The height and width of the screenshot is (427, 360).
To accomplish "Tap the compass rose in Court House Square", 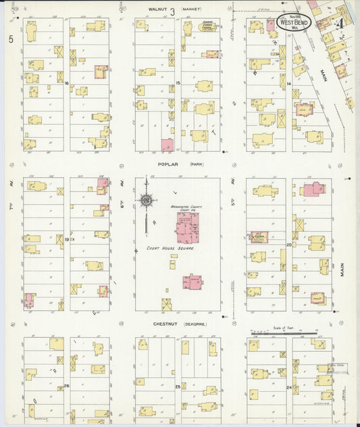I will tap(146, 200).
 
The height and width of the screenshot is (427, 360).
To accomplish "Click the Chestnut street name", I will tap(165, 324).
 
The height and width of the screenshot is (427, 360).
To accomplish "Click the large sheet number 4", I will tap(342, 24).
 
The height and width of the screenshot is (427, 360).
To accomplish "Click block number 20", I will tap(288, 244).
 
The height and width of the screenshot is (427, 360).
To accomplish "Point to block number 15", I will tap(178, 82).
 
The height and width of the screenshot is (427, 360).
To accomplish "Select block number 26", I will tap(66, 386).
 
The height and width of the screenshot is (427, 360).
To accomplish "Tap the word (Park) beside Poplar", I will tap(197, 164).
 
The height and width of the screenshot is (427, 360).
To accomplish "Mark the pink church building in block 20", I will tap(313, 190).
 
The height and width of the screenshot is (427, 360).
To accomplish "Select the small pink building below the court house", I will tap(192, 282).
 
